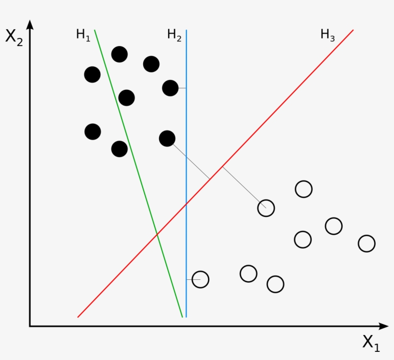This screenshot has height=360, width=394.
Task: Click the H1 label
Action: pyautogui.click(x=83, y=35)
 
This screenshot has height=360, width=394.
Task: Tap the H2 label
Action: pyautogui.click(x=174, y=35)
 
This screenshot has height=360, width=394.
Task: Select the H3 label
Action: pyautogui.click(x=328, y=35)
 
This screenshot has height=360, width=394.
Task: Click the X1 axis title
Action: pyautogui.click(x=371, y=343)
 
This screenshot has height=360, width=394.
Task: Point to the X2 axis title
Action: pyautogui.click(x=14, y=37)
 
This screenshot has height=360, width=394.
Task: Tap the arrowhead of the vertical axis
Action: pyautogui.click(x=30, y=25)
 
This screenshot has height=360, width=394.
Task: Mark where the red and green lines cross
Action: pyautogui.click(x=157, y=234)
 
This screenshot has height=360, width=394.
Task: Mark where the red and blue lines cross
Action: pyautogui.click(x=186, y=204)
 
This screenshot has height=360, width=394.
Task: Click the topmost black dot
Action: pyautogui.click(x=119, y=54)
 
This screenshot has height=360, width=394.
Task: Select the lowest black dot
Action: pyautogui.click(x=119, y=149)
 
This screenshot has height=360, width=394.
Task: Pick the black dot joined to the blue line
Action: pyautogui.click(x=171, y=88)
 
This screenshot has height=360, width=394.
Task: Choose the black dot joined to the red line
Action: pyautogui.click(x=167, y=139)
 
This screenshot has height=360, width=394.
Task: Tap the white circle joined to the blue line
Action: pyautogui.click(x=200, y=279)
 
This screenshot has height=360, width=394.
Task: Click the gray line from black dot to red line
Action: pyautogui.click(x=191, y=161)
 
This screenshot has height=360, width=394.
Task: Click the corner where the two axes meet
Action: pyautogui.click(x=30, y=326)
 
